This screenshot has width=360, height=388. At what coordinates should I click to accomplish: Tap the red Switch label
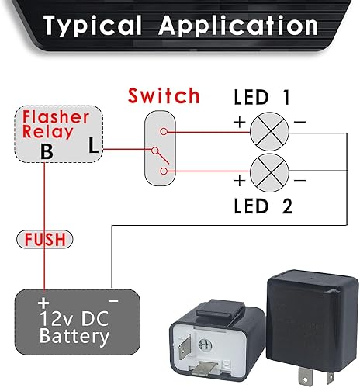point(164,97)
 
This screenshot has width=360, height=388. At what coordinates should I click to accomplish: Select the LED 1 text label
point(262,98)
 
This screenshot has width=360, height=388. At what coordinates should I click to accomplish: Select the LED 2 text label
point(262,207)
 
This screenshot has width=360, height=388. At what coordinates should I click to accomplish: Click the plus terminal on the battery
point(43,301)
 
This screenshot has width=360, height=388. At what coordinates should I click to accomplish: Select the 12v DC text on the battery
point(74,319)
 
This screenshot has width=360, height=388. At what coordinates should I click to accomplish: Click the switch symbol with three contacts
point(161,147)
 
